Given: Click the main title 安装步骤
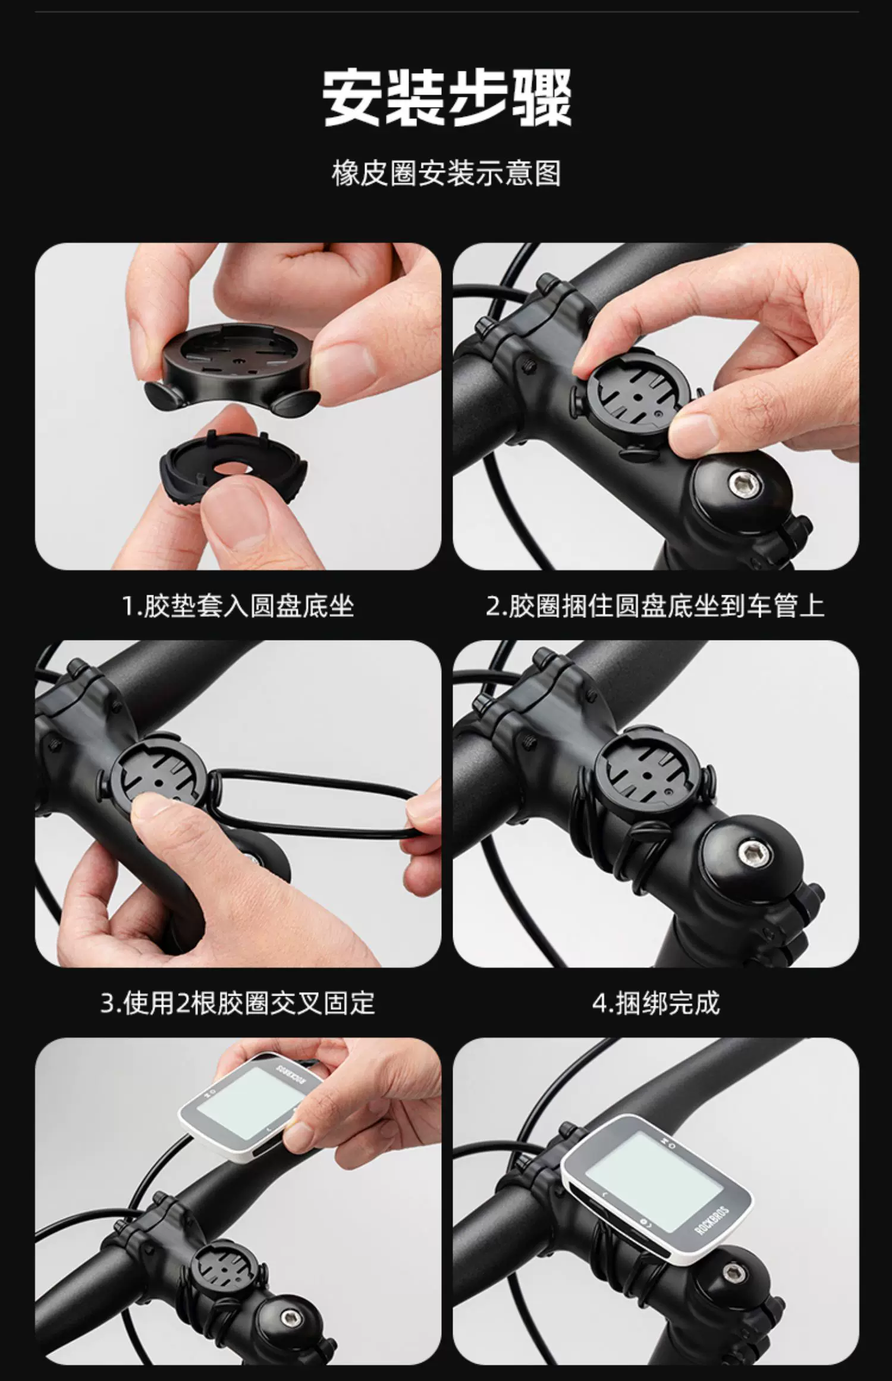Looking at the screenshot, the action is [x=447, y=97].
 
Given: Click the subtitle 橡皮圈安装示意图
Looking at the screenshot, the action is [x=447, y=174].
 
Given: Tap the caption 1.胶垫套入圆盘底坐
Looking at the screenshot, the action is [x=238, y=606].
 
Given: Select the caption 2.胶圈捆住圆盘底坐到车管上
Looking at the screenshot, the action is [x=655, y=606].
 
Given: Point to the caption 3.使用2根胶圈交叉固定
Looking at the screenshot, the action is [x=238, y=1003].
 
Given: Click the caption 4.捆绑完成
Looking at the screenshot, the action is [x=656, y=1003].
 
